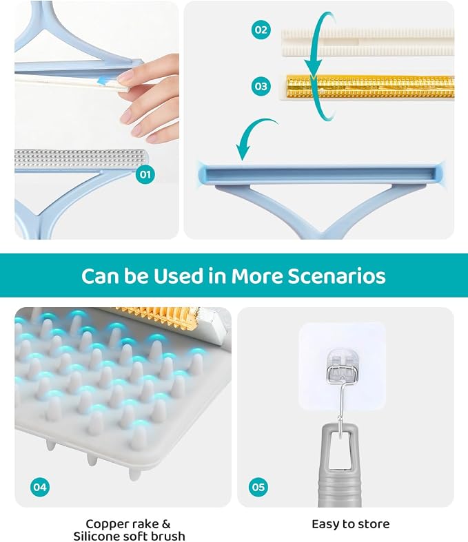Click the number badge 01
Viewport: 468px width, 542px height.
pos(145,174)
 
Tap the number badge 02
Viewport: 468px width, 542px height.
pos(261,30)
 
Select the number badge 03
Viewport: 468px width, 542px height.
pos(261,86)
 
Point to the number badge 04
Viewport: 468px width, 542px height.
pos(40,487)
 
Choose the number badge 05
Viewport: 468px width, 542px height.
pos(258,487)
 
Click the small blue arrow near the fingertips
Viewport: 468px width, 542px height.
pos(104,81)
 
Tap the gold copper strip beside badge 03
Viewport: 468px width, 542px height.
pos(369,87)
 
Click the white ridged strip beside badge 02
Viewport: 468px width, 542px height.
pos(367,43)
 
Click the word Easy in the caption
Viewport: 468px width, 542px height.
pos(324,524)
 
